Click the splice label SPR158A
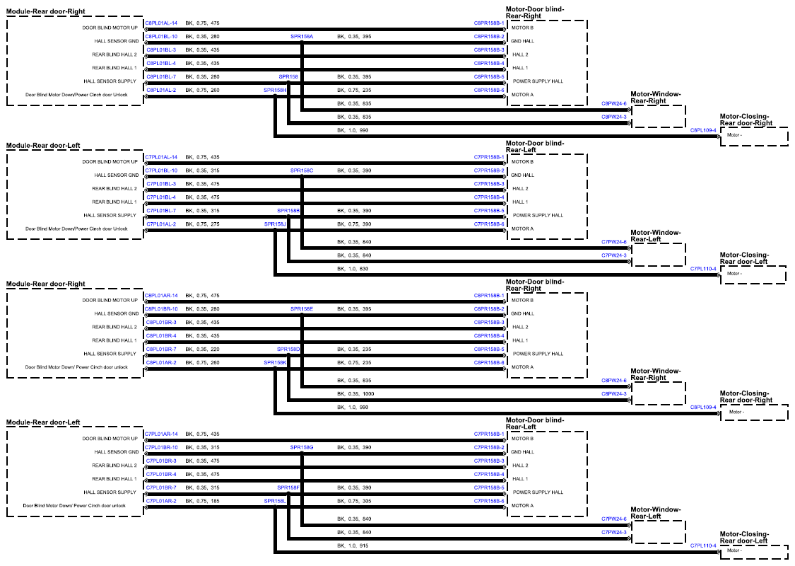(302, 37)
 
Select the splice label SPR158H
(276, 91)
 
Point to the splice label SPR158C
(302, 171)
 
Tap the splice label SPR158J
(276, 224)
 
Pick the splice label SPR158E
(302, 309)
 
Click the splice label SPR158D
(288, 350)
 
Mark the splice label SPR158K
(276, 363)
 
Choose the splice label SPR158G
(302, 448)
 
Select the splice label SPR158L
(276, 501)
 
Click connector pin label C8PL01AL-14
(161, 23)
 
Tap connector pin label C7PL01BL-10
(161, 171)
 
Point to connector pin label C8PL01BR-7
(161, 350)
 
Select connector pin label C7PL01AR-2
(161, 501)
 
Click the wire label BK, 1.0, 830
(353, 269)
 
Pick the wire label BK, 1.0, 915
(353, 546)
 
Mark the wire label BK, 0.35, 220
(202, 350)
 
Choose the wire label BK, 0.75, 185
(202, 501)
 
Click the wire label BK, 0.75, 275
(202, 224)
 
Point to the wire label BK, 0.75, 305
(355, 501)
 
